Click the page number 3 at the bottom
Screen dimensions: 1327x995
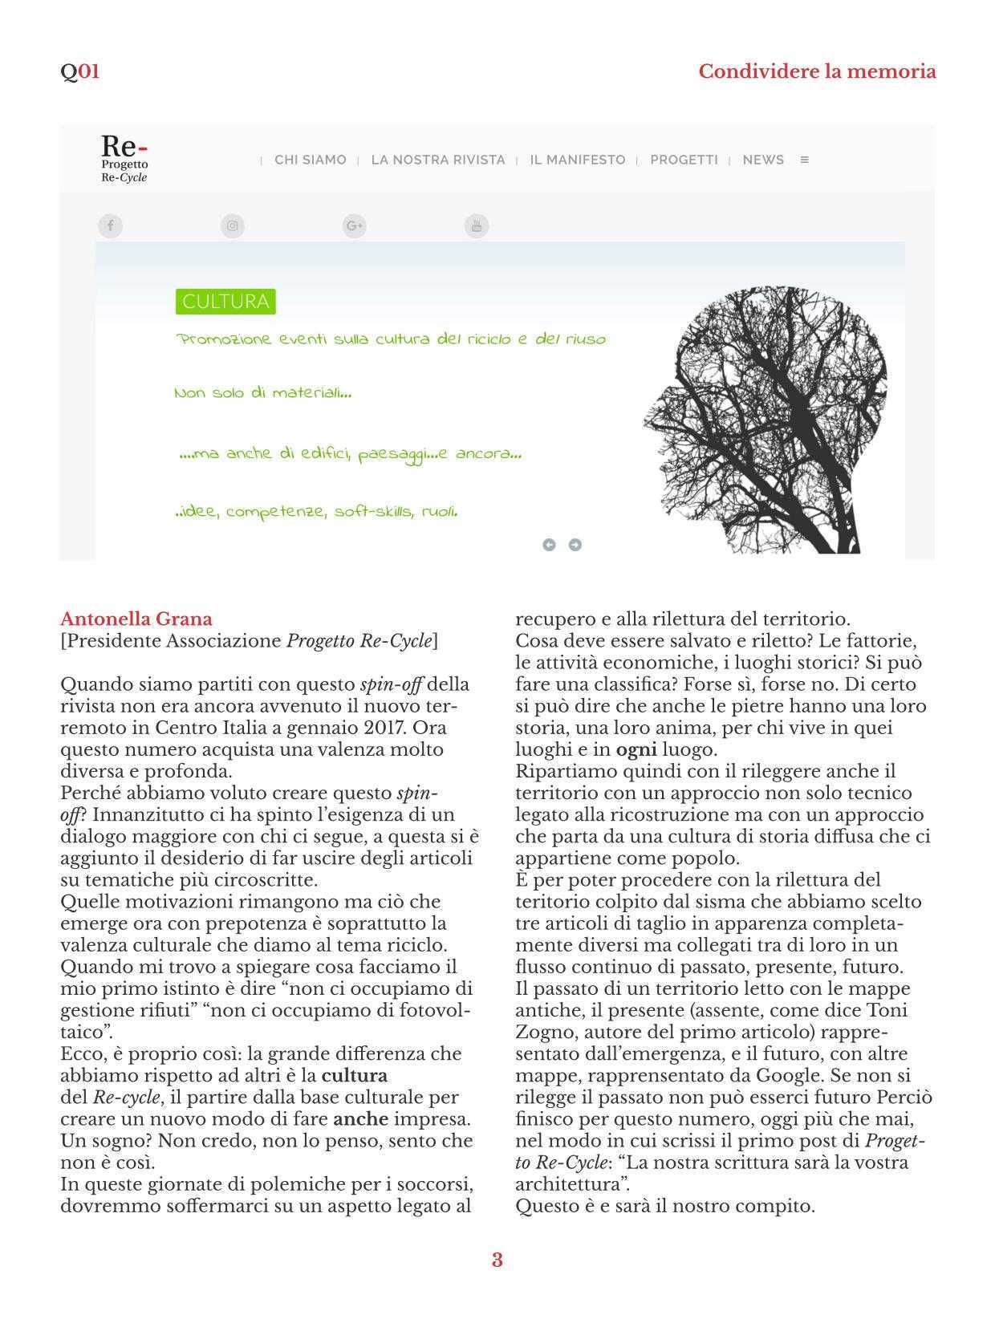[x=497, y=1260]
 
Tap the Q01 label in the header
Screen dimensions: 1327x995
[x=79, y=71]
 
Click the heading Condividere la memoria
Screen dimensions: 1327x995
[x=817, y=71]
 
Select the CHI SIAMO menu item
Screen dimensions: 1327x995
[x=310, y=160]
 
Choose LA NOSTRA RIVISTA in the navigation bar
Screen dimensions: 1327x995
[x=438, y=160]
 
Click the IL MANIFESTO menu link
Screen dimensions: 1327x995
[x=577, y=160]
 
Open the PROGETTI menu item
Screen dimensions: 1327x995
[x=684, y=160]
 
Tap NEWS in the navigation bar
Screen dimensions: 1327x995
[x=763, y=160]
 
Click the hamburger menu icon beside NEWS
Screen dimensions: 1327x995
[x=805, y=160]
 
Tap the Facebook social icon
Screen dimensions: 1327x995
[x=110, y=225]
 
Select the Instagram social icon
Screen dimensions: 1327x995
[x=232, y=225]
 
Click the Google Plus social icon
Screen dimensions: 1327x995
[x=354, y=225]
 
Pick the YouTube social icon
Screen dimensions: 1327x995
[x=477, y=225]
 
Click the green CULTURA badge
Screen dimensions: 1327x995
[x=225, y=302]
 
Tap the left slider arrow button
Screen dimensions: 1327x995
[x=549, y=545]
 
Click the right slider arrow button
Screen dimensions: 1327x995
[x=575, y=545]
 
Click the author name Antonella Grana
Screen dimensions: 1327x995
[x=136, y=619]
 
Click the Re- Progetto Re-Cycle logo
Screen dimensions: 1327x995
[x=124, y=159]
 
